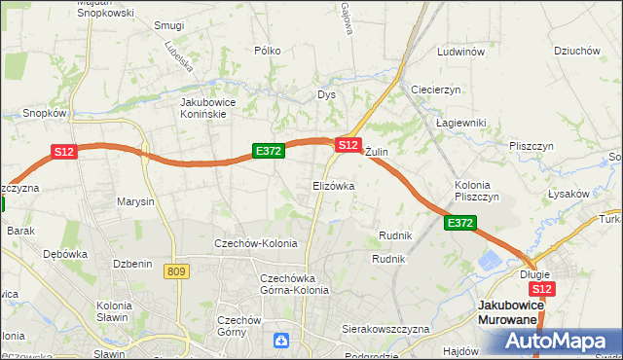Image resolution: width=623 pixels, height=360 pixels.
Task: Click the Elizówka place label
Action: tap(333, 185)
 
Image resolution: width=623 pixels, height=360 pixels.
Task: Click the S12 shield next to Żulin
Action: tap(348, 144)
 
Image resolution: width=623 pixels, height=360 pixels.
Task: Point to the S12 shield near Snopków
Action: tap(63, 152)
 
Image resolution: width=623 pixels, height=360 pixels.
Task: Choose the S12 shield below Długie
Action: tap(543, 289)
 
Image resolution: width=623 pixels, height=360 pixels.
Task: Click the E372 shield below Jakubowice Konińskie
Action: tap(268, 151)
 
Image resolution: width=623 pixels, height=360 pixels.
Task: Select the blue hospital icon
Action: tap(281, 340)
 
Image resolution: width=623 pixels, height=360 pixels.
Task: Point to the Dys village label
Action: tap(326, 95)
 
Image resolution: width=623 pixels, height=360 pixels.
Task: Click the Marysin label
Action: tap(135, 202)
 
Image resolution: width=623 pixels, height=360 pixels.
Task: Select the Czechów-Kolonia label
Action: tap(256, 243)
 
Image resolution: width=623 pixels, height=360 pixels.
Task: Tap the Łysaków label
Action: tap(568, 194)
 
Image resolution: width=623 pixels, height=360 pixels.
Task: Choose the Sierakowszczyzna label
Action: tap(385, 330)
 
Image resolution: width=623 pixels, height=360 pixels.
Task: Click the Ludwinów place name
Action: tap(461, 53)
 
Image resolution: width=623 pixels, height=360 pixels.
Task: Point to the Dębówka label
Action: tap(66, 254)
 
